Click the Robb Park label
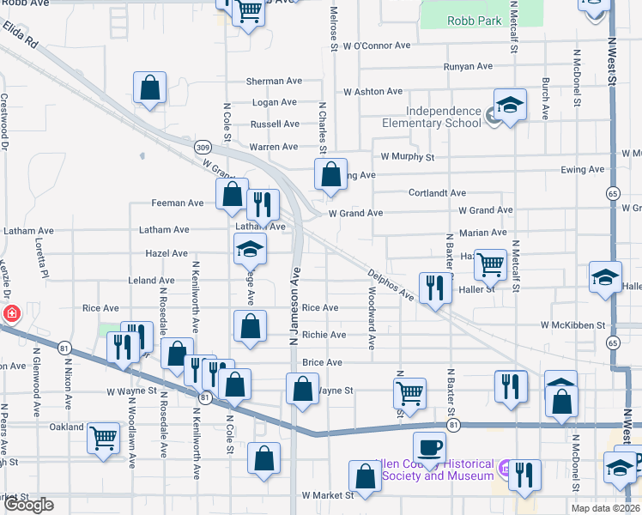pyautogui.click(x=471, y=20)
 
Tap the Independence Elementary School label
pyautogui.click(x=444, y=117)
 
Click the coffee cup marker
pyautogui.click(x=429, y=446)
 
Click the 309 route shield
pyautogui.click(x=203, y=148)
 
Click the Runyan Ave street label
pyautogui.click(x=468, y=66)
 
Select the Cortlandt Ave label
pyautogui.click(x=437, y=193)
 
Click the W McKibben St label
pyautogui.click(x=572, y=325)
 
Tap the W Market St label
pyautogui.click(x=328, y=495)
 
